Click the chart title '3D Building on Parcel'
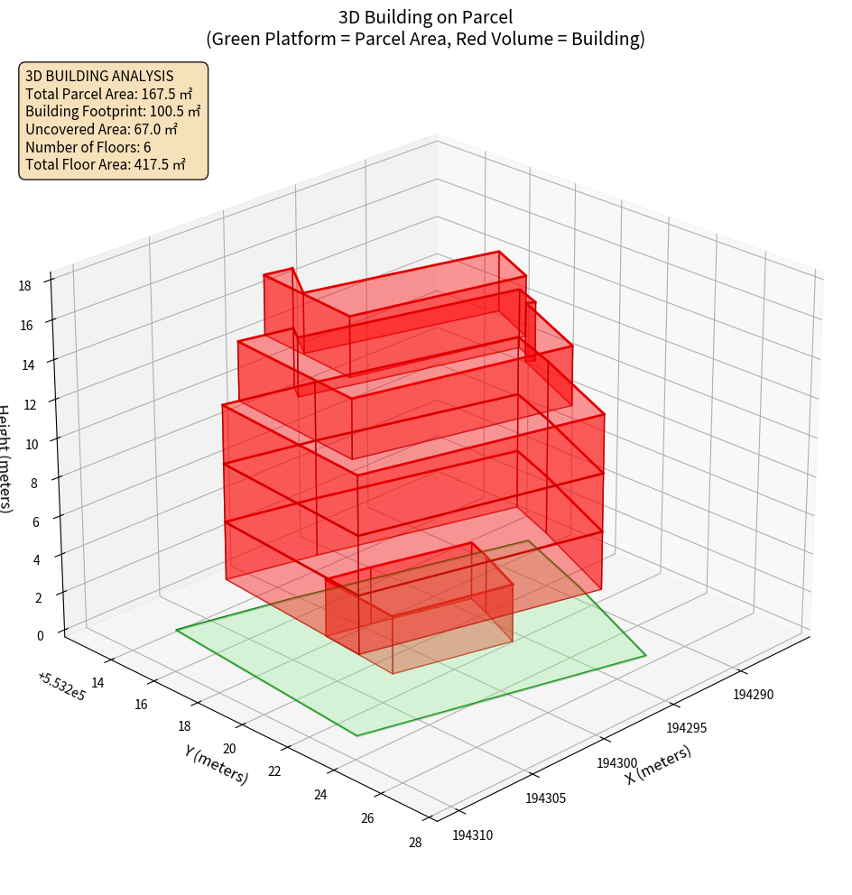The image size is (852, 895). click(x=426, y=16)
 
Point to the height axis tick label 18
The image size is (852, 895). click(x=24, y=285)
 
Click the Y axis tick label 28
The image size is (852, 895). click(x=414, y=843)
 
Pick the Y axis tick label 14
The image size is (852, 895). click(x=97, y=683)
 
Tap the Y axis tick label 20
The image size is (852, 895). click(x=229, y=749)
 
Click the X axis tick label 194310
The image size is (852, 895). click(x=473, y=835)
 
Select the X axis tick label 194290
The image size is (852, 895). click(x=755, y=694)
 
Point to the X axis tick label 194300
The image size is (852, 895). click(x=617, y=763)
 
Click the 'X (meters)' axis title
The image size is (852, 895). click(x=659, y=764)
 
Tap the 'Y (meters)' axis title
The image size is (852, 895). click(x=217, y=764)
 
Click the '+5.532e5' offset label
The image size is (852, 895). click(x=61, y=687)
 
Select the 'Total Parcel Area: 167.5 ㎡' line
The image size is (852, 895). click(x=109, y=93)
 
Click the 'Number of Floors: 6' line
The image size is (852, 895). click(x=88, y=147)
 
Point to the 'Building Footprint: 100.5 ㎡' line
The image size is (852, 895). click(x=113, y=111)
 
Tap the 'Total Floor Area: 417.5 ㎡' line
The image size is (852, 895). click(x=106, y=164)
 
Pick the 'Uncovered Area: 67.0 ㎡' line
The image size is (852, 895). click(x=102, y=129)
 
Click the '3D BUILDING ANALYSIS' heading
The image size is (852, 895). click(x=99, y=76)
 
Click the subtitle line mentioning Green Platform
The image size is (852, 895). click(x=426, y=39)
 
